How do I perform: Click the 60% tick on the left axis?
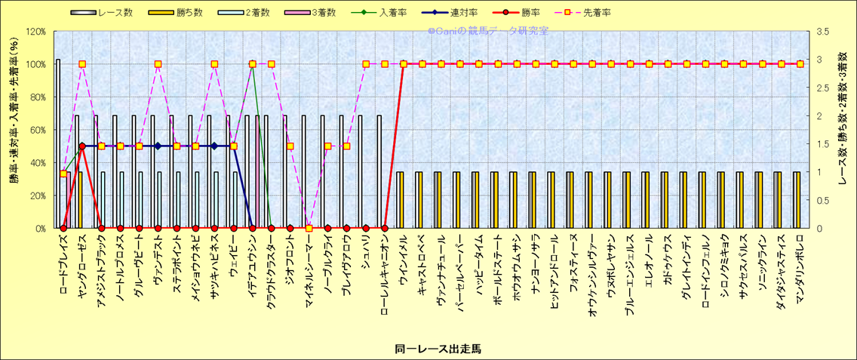click(37, 130)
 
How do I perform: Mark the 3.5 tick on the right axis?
click(823, 32)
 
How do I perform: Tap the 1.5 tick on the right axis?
click(823, 143)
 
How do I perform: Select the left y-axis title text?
click(13, 130)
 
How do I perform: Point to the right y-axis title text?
click(843, 130)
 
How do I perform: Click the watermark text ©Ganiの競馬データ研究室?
click(488, 31)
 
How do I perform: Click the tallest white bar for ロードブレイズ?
click(58, 143)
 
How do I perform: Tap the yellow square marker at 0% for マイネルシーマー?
click(309, 228)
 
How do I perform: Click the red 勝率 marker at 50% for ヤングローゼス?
click(82, 146)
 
